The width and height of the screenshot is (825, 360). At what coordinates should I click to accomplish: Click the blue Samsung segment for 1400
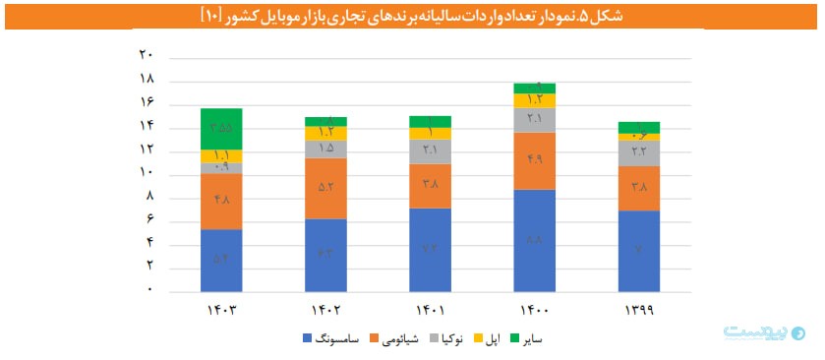534,240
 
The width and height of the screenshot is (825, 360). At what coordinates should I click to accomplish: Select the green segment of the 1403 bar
221,128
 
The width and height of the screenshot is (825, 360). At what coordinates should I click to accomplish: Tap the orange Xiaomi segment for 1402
325,188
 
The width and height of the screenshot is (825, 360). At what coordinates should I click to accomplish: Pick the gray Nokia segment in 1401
430,150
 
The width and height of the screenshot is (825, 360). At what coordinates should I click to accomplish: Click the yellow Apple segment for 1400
534,99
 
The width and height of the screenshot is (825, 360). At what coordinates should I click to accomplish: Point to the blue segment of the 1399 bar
638,251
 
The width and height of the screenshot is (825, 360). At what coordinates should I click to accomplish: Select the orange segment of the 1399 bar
638,188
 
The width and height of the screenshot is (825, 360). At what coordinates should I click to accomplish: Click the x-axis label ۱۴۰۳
221,310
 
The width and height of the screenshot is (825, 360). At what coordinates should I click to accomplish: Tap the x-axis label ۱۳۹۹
638,310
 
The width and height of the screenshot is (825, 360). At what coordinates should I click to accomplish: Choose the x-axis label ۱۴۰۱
430,310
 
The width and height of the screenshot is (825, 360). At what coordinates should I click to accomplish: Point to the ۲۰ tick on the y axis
147,55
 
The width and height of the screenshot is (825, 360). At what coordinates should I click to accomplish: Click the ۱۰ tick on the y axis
147,172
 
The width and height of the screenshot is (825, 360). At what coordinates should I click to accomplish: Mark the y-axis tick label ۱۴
147,126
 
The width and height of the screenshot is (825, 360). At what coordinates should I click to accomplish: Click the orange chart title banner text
412,17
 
